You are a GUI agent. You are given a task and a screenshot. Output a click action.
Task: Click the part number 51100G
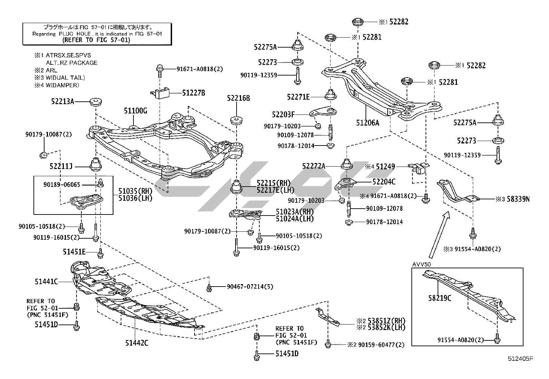tap(136, 111)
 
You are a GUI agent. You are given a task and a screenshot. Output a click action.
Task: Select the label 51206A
tap(367, 122)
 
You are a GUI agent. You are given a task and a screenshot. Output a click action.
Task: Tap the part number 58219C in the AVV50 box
tap(440, 298)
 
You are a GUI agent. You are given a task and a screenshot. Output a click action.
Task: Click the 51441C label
tap(46, 281)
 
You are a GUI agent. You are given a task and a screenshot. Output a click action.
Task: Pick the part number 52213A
tap(62, 101)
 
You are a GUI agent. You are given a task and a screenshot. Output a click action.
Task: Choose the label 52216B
tap(238, 98)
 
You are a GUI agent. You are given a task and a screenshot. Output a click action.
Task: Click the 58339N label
tap(518, 199)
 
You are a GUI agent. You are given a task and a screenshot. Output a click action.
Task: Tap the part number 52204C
tap(384, 181)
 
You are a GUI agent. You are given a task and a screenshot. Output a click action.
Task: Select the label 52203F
tap(283, 114)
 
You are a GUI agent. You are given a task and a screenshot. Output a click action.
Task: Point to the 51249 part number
tap(385, 167)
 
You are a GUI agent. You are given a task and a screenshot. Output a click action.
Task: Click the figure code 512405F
tap(520, 359)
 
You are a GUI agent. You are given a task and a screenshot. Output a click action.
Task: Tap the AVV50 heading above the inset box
tap(421, 264)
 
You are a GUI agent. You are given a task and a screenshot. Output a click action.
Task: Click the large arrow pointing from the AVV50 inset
tap(439, 235)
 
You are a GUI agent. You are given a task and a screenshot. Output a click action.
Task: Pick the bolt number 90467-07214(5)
tap(250, 287)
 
